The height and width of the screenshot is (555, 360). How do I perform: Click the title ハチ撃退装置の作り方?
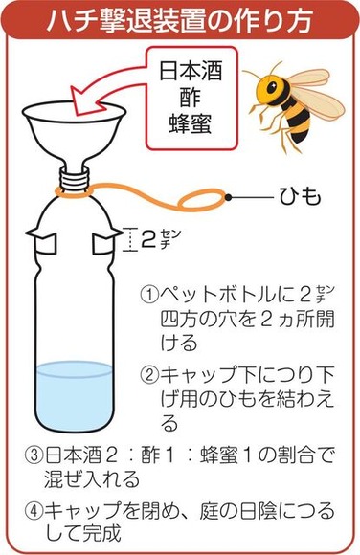tap(180, 20)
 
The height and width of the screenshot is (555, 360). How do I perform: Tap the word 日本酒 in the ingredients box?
tap(191, 71)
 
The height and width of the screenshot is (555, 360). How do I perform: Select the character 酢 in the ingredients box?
tap(191, 97)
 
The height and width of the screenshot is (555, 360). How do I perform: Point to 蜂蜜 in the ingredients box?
tap(191, 122)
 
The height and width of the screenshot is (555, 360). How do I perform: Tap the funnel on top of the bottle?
tap(75, 135)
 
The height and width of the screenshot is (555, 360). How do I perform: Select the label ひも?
tap(300, 197)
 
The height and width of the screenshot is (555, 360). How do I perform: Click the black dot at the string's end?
tap(229, 197)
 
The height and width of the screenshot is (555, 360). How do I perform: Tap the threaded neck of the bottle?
tap(75, 178)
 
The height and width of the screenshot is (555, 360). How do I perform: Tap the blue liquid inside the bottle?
tap(75, 394)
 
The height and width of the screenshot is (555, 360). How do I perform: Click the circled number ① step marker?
tap(149, 295)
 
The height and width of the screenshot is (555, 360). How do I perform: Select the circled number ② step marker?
tap(149, 374)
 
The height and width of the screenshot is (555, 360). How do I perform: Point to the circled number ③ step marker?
tap(34, 455)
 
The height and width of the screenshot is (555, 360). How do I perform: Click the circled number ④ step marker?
tap(34, 511)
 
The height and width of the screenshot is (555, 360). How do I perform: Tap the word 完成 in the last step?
tap(102, 534)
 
